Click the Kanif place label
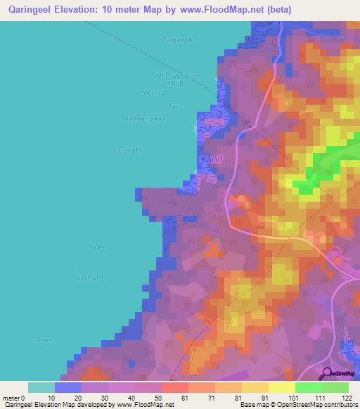point(212,160)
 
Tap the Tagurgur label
point(176,40)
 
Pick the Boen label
point(98,247)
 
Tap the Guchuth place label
point(89,277)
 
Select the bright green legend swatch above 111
point(309,387)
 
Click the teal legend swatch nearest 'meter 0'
point(41,387)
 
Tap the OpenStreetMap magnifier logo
point(326,373)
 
